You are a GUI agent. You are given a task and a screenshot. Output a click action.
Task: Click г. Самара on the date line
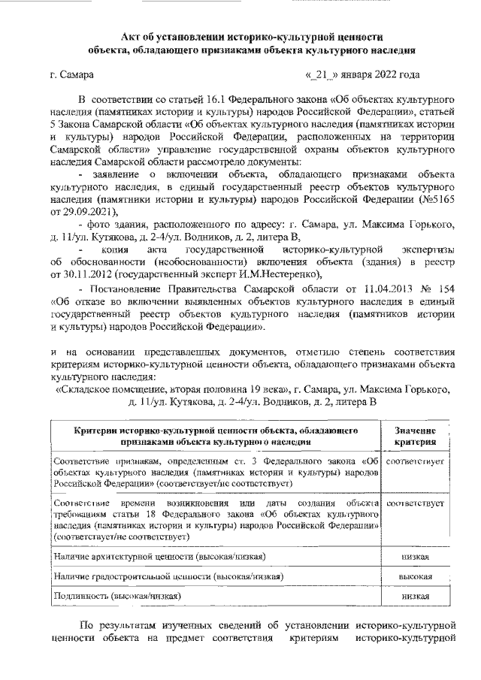pyautogui.click(x=71, y=75)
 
